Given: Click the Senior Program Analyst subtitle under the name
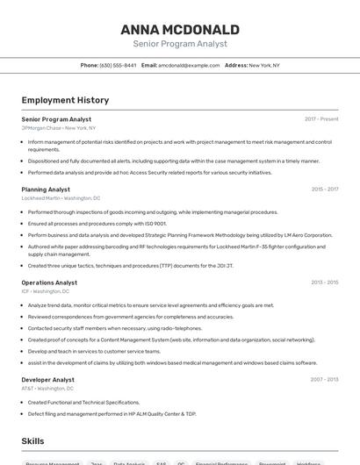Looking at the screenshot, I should click(180, 43).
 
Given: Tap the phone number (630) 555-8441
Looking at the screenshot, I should click(118, 65).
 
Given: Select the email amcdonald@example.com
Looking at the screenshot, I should click(189, 65).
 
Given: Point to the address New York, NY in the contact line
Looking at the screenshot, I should click(264, 65).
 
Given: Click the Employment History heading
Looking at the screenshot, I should click(65, 100).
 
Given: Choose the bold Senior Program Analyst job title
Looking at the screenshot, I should click(56, 118).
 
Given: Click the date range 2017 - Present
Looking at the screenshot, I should click(321, 118).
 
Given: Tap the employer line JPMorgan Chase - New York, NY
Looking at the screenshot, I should click(59, 127).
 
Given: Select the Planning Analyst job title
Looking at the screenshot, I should click(46, 189).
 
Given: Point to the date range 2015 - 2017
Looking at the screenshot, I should click(324, 189).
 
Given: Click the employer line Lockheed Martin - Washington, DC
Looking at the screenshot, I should click(61, 197).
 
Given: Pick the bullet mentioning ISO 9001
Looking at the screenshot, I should click(97, 224).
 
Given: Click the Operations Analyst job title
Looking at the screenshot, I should click(49, 283).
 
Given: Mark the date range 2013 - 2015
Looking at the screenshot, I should click(324, 283).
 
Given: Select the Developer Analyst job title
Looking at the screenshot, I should click(47, 380).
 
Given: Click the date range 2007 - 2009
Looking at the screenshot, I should click(324, 380).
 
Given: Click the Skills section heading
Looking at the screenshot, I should click(32, 441).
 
